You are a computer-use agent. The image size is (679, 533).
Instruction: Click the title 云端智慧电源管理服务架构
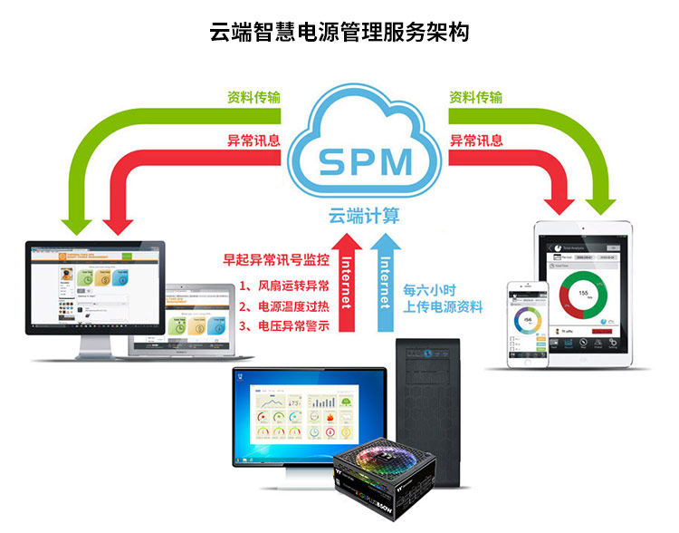[x=339, y=33]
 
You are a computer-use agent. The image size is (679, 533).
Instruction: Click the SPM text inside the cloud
[x=367, y=161]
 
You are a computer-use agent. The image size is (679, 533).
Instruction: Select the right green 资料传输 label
[x=475, y=98]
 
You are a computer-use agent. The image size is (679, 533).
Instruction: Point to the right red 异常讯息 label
[x=475, y=141]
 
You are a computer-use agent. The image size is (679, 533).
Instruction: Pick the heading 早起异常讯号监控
[x=275, y=259]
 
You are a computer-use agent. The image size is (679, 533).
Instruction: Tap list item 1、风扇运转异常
[x=283, y=285]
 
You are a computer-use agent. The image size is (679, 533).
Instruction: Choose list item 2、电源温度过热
[x=283, y=305]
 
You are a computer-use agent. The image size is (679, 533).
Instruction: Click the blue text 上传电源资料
[x=443, y=308]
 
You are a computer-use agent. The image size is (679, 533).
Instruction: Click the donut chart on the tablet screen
[x=582, y=297]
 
